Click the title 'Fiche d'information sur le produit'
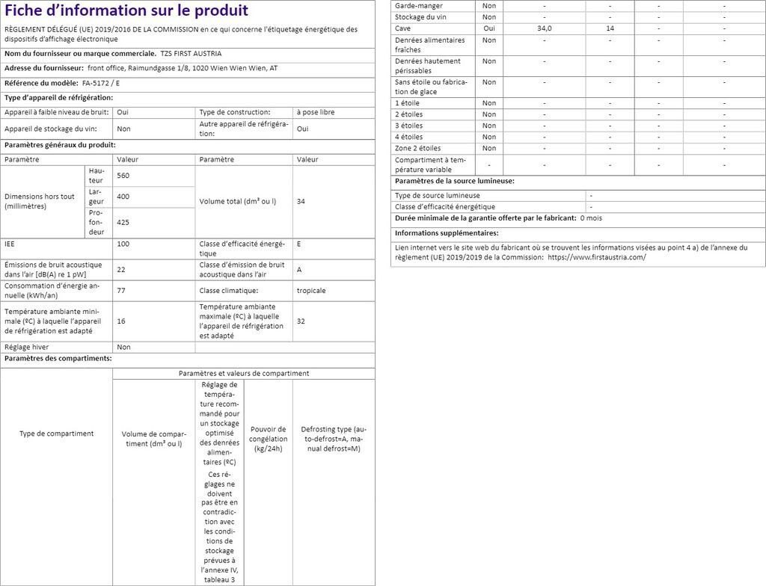tap(126, 11)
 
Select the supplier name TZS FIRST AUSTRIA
tap(191, 55)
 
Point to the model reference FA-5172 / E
tap(101, 83)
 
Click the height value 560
tap(123, 175)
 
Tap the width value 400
tap(123, 197)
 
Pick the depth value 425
tap(123, 222)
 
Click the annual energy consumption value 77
tap(120, 290)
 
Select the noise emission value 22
tap(120, 269)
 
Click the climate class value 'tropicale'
tap(310, 290)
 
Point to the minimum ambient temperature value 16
tap(120, 321)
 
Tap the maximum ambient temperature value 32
tap(301, 321)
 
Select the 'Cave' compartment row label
tap(402, 28)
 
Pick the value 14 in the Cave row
tap(610, 28)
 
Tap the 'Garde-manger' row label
tap(419, 5)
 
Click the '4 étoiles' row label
tap(408, 137)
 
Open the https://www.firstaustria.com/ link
tap(596, 257)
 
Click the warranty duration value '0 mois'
tap(591, 218)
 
